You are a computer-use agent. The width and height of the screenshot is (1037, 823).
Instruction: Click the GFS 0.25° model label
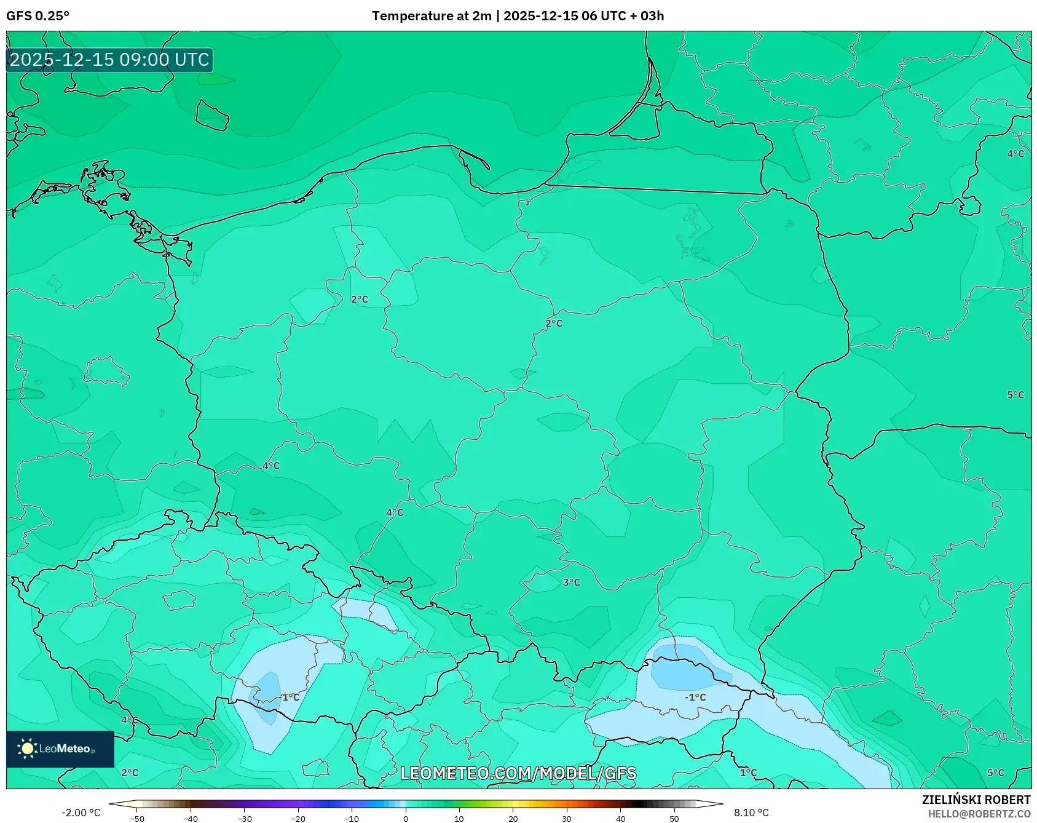37,16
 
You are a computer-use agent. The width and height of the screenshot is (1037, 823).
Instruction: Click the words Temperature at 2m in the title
432,16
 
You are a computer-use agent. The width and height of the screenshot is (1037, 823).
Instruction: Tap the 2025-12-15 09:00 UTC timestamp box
109,60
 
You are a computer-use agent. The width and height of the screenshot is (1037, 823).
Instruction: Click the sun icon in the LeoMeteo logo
27,749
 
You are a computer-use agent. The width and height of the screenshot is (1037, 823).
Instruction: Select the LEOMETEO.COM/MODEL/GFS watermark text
518,773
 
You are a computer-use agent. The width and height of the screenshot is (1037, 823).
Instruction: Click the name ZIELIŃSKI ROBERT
976,800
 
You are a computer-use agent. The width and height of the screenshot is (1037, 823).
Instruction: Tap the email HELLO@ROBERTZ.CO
979,814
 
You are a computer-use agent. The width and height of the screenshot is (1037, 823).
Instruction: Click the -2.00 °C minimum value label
81,813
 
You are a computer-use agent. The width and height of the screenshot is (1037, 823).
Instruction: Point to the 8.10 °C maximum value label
751,813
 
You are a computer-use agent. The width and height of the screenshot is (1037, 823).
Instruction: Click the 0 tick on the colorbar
405,819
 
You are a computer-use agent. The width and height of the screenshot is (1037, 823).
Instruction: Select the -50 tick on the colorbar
137,819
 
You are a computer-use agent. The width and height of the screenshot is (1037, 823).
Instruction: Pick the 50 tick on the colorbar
674,819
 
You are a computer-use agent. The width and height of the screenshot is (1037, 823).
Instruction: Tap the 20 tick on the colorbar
513,819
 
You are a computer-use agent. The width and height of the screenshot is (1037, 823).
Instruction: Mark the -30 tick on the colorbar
245,819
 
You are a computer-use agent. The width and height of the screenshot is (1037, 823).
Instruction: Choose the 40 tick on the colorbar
620,819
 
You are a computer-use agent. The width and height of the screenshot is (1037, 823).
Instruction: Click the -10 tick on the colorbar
352,819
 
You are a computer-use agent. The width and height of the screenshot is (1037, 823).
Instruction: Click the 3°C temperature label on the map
571,582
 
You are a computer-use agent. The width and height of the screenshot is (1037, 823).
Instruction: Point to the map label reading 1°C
748,773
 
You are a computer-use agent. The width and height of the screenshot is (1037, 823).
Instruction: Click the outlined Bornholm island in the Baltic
212,115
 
